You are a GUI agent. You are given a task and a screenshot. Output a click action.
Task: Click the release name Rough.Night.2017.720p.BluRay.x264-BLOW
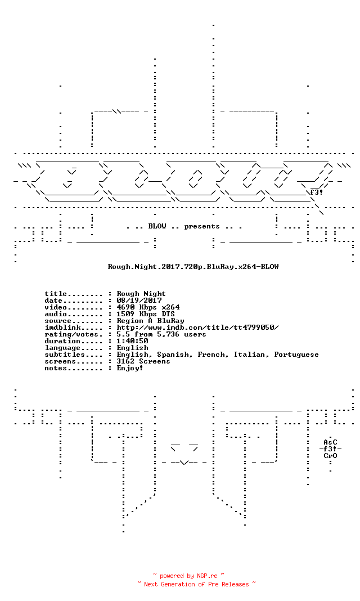pyautogui.click(x=193, y=267)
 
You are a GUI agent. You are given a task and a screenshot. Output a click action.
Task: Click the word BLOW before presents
pyautogui.click(x=157, y=226)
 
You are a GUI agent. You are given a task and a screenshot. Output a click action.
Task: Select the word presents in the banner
pyautogui.click(x=202, y=227)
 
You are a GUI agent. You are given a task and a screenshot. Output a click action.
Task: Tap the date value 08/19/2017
pyautogui.click(x=139, y=300)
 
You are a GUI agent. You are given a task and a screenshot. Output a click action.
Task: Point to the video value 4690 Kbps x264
pyautogui.click(x=148, y=307)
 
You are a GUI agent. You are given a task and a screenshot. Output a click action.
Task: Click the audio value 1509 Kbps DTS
pyautogui.click(x=146, y=314)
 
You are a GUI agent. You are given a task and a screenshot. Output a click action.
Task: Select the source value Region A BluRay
pyautogui.click(x=151, y=321)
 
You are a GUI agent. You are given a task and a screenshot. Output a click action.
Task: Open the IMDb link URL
pyautogui.click(x=197, y=328)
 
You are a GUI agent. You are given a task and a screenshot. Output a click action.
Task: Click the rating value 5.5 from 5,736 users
pyautogui.click(x=161, y=334)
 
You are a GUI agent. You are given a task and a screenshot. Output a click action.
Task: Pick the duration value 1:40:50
pyautogui.click(x=133, y=341)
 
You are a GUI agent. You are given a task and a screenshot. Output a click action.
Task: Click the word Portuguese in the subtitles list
pyautogui.click(x=296, y=355)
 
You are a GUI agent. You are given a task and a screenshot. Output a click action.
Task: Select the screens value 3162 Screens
pyautogui.click(x=143, y=361)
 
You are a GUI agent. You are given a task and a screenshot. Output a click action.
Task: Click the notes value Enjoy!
pyautogui.click(x=130, y=369)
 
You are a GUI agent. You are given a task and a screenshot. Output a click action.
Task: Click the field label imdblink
pyautogui.click(x=63, y=328)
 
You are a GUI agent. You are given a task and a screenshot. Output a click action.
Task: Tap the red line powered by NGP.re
pyautogui.click(x=188, y=576)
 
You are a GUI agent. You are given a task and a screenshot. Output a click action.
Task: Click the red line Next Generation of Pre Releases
pyautogui.click(x=196, y=584)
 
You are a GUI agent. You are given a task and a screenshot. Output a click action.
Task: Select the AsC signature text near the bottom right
pyautogui.click(x=330, y=442)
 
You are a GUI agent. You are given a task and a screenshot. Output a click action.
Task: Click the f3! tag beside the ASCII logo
pyautogui.click(x=316, y=192)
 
